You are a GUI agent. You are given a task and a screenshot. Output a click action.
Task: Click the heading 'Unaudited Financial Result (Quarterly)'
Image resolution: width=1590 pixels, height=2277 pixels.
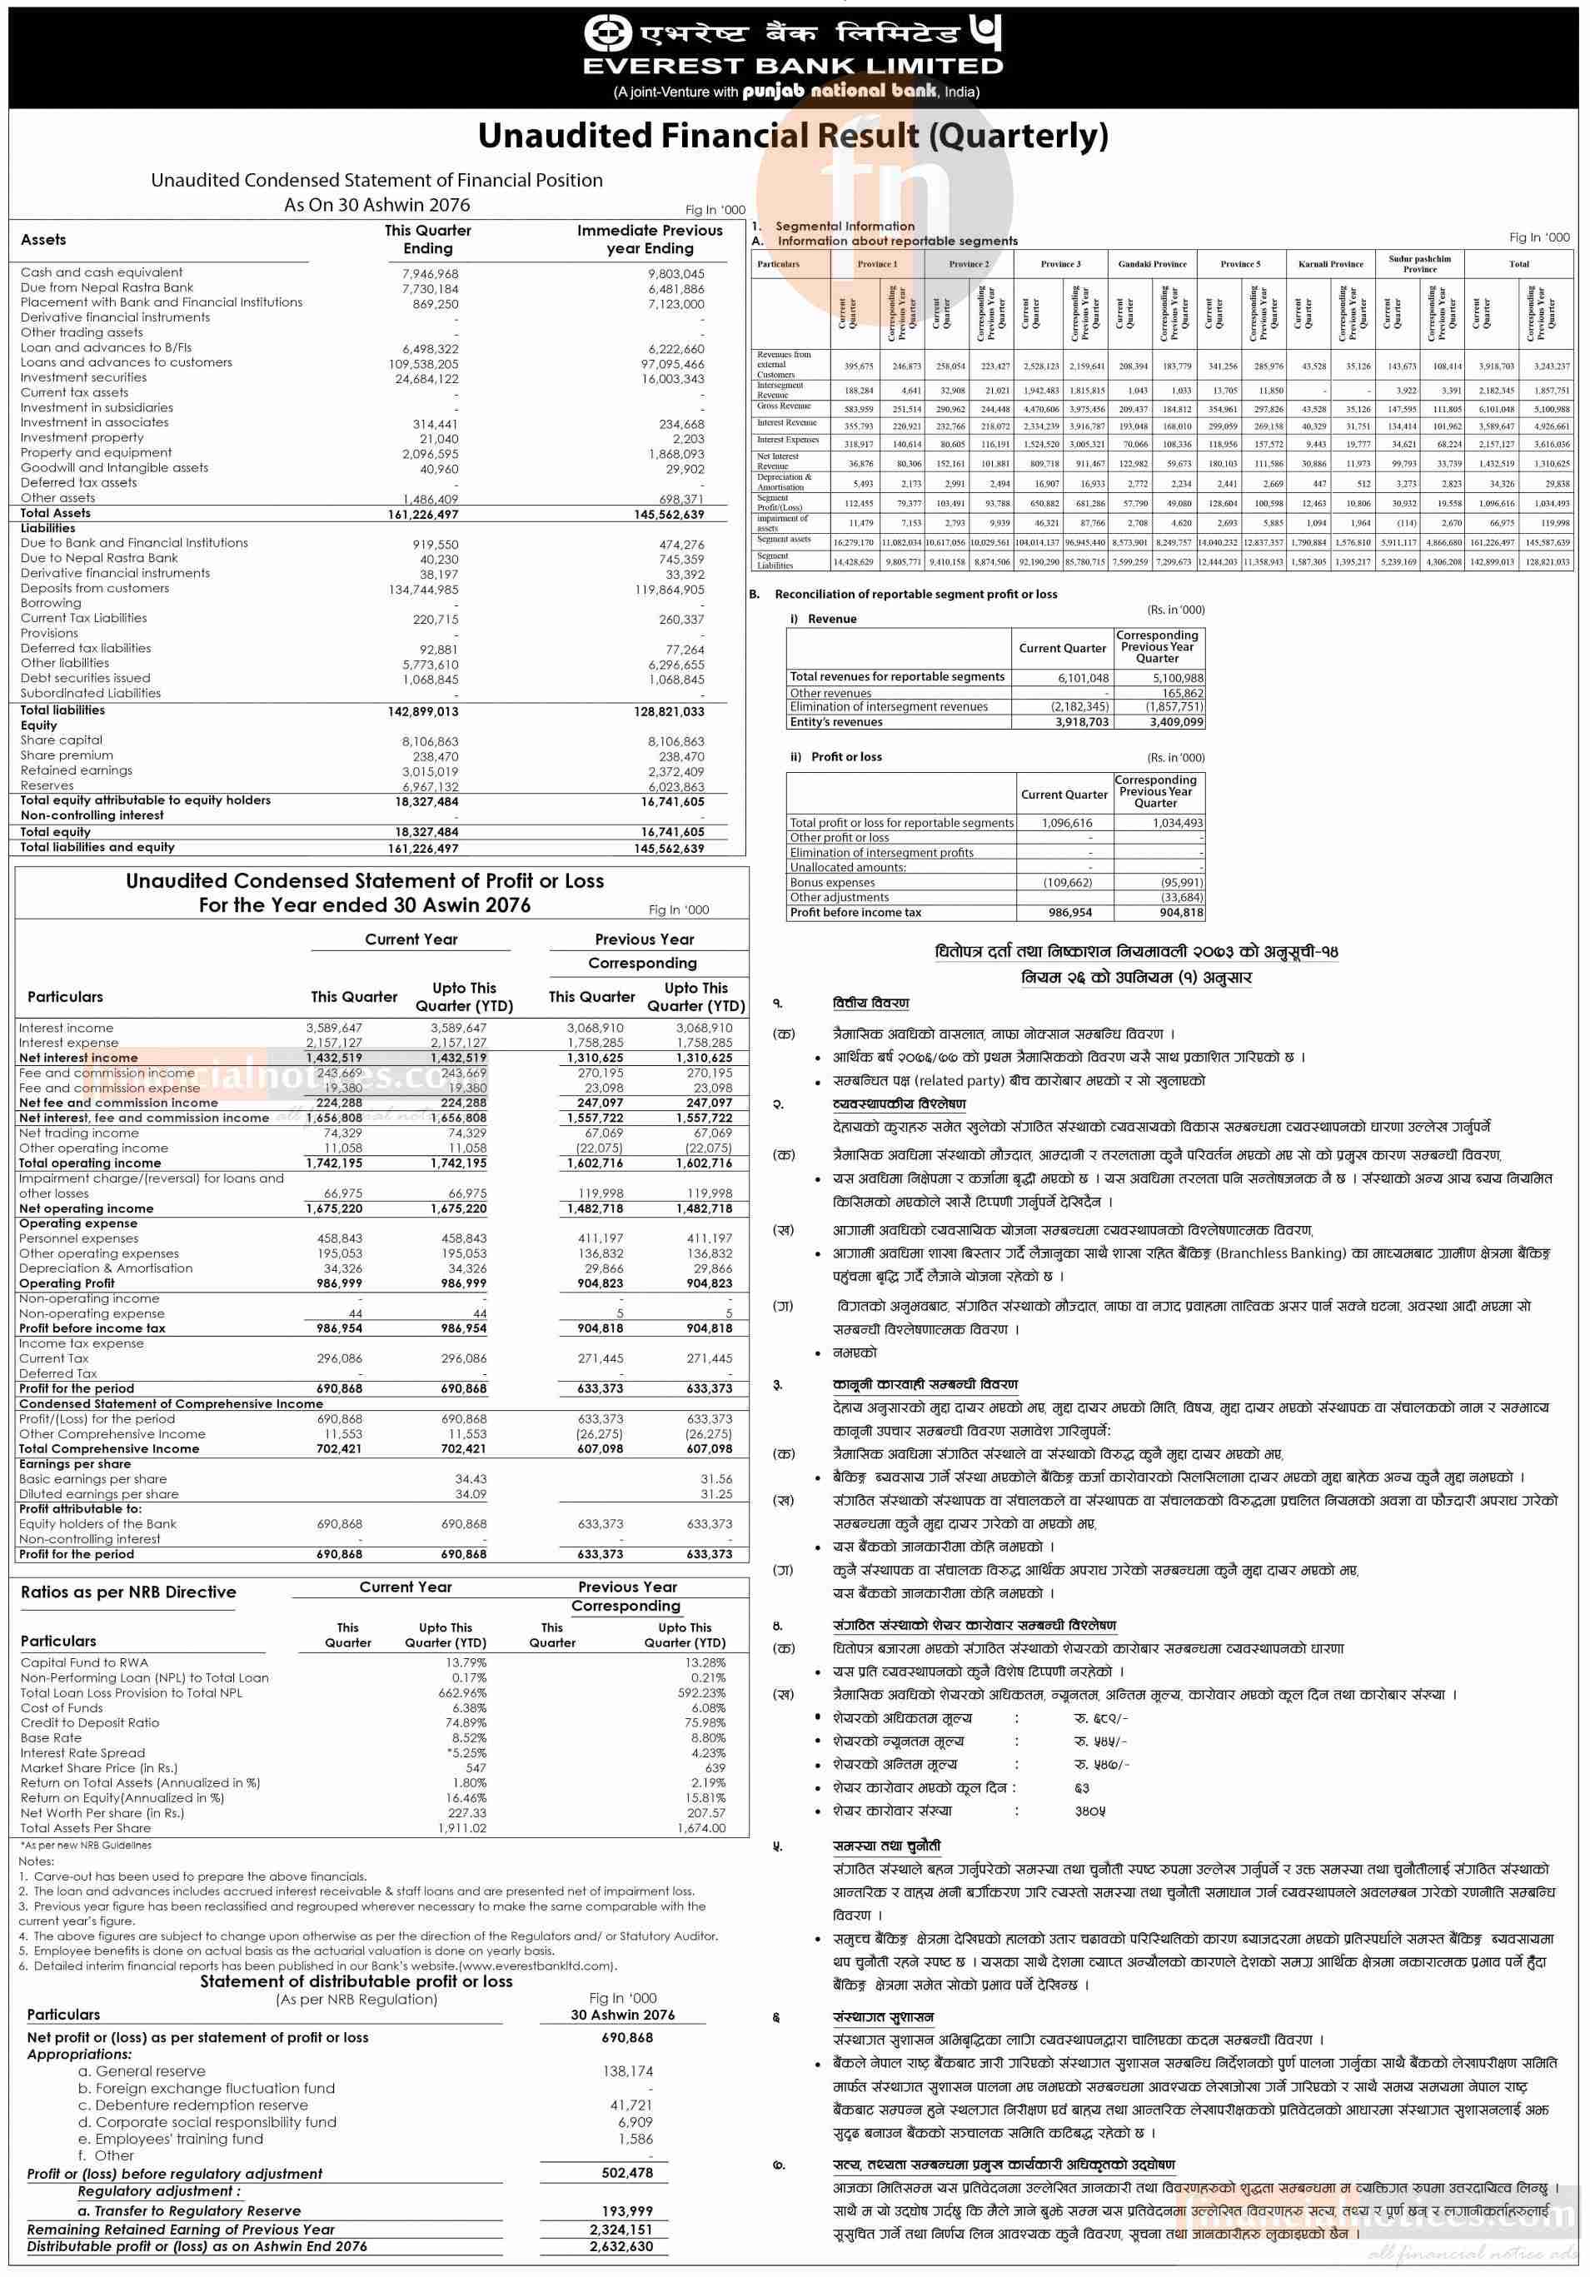[x=793, y=136]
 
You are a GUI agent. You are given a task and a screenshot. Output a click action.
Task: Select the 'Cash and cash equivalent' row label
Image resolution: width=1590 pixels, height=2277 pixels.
[x=101, y=272]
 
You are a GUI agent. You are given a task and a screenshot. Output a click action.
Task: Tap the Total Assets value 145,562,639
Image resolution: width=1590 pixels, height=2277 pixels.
[x=666, y=514]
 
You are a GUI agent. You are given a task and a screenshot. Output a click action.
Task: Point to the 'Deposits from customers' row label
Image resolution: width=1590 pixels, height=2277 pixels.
[x=94, y=588]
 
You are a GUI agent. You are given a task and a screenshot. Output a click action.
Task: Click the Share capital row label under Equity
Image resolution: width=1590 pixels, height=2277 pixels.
[x=62, y=740]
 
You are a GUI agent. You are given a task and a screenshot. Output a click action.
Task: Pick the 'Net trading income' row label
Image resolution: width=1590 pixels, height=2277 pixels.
[x=78, y=1133]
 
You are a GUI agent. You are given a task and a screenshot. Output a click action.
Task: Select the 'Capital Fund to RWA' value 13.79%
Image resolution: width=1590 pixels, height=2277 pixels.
[x=466, y=1663]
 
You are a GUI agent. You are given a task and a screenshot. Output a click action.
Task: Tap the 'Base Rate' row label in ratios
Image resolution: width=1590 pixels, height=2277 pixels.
[x=51, y=1737]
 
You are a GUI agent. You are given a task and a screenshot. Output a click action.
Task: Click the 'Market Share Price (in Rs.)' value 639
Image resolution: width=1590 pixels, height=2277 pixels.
[x=714, y=1768]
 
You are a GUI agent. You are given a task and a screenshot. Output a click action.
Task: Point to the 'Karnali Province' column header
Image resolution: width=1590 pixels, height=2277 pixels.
[x=1331, y=264]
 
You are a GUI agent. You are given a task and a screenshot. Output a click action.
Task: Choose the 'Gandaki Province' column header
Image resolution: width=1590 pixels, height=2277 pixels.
[x=1152, y=264]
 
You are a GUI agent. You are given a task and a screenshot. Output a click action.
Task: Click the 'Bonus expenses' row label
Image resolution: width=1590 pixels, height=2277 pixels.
[x=832, y=882]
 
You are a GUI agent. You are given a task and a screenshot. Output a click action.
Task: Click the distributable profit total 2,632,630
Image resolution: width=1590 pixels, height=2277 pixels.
[x=621, y=2266]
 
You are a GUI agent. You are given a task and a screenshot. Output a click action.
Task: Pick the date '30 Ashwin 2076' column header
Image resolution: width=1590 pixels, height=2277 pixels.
[x=622, y=2014]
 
